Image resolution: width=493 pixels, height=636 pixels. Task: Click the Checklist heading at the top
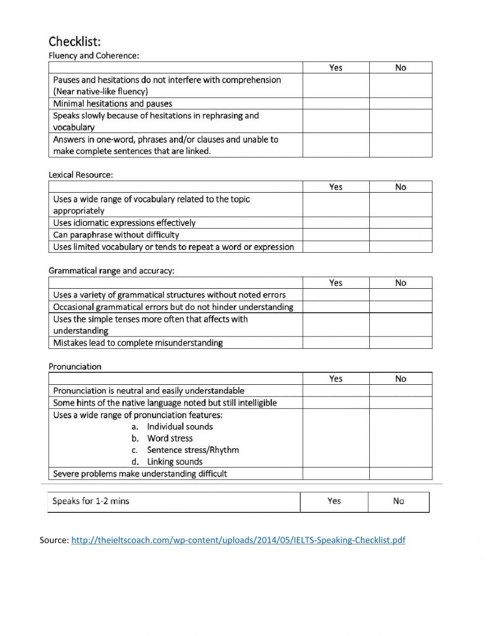tap(74, 41)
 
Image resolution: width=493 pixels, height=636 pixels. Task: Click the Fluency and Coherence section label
tap(94, 56)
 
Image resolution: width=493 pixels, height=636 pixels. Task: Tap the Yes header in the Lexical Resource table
tap(336, 187)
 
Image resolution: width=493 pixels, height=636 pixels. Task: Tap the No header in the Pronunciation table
tap(400, 378)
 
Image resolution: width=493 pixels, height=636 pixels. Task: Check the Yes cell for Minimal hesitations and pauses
tap(336, 103)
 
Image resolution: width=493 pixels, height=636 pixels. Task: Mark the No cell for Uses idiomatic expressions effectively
tap(400, 223)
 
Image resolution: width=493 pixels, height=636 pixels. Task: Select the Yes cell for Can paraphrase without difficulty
tap(336, 235)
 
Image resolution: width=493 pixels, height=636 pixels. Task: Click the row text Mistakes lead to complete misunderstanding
tap(138, 343)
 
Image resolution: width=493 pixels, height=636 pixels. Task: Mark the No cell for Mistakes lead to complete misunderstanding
tap(400, 343)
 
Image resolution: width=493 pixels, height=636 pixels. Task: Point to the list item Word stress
tap(170, 438)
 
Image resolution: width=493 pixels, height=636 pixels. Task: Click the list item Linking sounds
tap(175, 462)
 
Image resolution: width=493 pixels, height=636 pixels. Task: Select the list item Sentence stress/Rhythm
tap(193, 450)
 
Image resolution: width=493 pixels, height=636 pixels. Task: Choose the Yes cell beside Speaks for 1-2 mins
tap(334, 502)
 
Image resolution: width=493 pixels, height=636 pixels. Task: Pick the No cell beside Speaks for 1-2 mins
tap(398, 502)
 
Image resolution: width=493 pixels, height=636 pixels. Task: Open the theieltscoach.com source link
tap(238, 540)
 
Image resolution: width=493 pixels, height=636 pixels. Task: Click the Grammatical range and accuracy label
tap(111, 271)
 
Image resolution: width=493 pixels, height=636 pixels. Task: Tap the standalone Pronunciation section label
tap(75, 367)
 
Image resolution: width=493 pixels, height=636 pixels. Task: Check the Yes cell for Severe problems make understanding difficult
tap(336, 474)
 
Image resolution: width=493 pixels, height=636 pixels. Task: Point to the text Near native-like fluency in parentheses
tap(101, 92)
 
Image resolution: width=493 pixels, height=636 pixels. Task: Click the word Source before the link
tap(54, 540)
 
